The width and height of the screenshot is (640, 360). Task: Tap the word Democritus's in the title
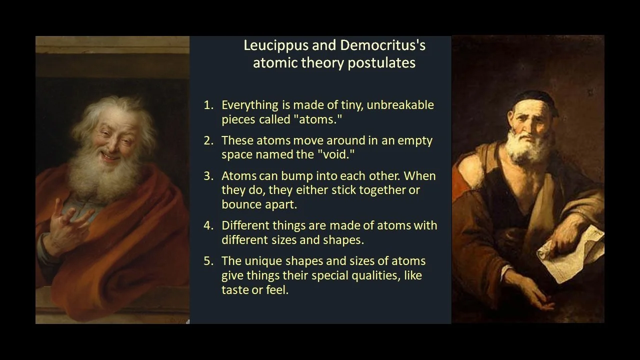[x=383, y=45]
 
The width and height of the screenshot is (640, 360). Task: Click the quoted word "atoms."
[x=320, y=119]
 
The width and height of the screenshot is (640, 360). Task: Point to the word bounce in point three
[x=241, y=204]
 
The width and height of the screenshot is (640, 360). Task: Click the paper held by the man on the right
[x=570, y=250]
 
